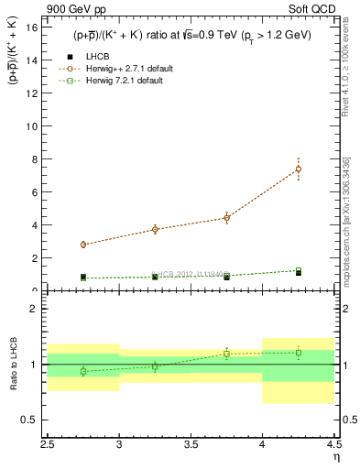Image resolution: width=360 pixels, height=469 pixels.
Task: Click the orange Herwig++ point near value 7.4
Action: [x=299, y=169]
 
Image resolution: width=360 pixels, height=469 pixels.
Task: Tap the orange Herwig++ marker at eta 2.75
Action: [x=83, y=245]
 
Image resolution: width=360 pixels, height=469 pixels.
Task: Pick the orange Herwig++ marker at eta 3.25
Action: [x=155, y=229]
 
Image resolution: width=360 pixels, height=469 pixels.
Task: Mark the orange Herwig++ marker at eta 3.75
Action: [x=226, y=218]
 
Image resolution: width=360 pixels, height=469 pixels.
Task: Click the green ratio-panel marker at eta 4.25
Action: [x=299, y=353]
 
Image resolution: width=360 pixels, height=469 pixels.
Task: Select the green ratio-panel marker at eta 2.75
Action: [x=83, y=371]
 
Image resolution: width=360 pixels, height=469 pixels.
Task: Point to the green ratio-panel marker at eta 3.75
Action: [x=226, y=354]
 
